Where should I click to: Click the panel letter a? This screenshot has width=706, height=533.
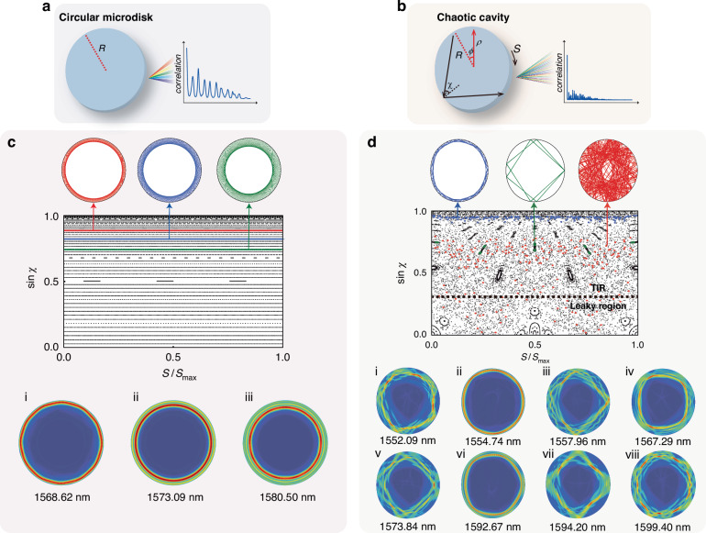(62, 8)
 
